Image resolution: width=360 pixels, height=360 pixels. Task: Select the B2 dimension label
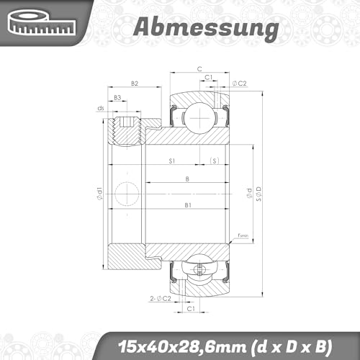(134, 84)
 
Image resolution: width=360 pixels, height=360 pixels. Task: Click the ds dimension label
(100, 109)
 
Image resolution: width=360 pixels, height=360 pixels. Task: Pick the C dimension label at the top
(199, 69)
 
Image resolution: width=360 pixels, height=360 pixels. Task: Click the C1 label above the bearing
(207, 77)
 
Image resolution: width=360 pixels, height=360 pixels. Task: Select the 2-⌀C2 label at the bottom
(160, 297)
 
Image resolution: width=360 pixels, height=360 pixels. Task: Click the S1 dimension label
(172, 160)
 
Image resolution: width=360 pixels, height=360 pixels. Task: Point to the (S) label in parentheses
(214, 160)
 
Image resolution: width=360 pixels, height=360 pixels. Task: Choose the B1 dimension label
(187, 205)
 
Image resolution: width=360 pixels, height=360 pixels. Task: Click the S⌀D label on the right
(258, 194)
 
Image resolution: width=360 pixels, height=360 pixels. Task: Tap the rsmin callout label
(243, 235)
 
